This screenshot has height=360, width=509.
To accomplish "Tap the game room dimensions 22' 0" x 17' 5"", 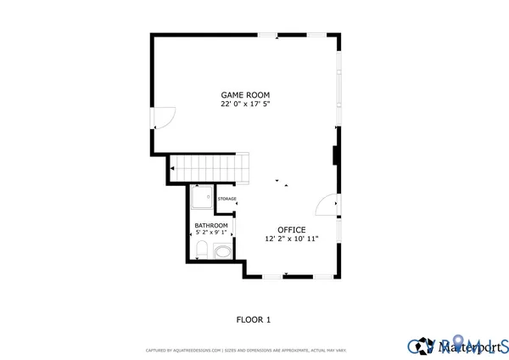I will click(x=245, y=104).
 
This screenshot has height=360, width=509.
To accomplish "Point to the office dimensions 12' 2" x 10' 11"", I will click(x=290, y=239).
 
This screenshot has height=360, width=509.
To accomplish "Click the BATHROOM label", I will click(x=211, y=225).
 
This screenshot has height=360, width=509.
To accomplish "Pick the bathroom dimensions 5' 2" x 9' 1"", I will click(x=211, y=232).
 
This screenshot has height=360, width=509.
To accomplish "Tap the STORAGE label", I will click(x=227, y=199).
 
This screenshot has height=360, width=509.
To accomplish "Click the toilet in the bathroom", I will click(x=201, y=250).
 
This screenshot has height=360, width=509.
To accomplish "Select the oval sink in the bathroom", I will click(x=223, y=251).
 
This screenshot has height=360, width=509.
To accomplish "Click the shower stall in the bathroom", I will click(x=202, y=199).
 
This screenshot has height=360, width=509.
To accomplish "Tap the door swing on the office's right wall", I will click(x=327, y=206).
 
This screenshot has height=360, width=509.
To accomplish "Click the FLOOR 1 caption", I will click(x=253, y=320).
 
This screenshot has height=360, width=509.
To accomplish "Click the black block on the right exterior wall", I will click(x=336, y=155).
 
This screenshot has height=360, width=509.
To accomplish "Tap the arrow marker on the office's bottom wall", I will click(x=287, y=274).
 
